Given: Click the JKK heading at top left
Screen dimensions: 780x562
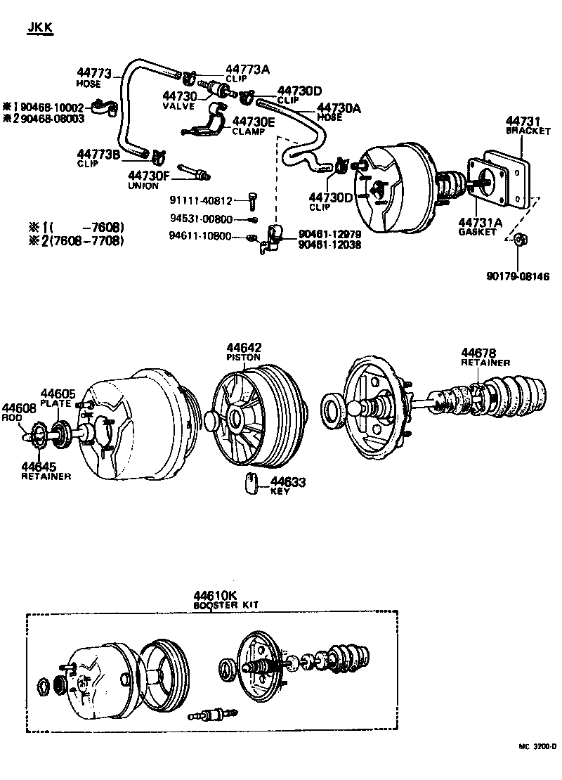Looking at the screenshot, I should [x=40, y=27].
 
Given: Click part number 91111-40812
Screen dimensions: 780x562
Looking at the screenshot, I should [x=201, y=200].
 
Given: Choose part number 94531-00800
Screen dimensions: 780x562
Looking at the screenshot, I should [x=201, y=219].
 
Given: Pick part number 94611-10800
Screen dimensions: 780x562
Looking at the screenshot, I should [x=201, y=236].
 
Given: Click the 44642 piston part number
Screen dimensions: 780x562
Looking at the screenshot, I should [x=244, y=347].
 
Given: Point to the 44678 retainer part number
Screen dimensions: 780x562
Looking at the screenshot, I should [x=478, y=353].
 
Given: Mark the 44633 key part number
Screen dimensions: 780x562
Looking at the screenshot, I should [x=288, y=481].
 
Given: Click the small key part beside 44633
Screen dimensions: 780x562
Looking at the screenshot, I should [x=251, y=484].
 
